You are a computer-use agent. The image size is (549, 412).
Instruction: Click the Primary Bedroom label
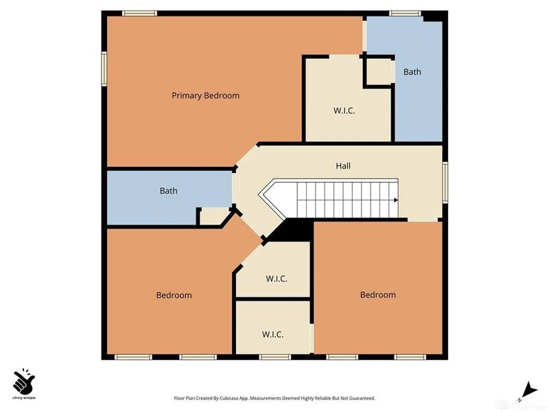click(205, 95)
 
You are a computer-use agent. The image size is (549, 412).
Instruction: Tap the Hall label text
click(343, 166)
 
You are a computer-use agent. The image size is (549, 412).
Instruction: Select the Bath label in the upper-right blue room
click(412, 71)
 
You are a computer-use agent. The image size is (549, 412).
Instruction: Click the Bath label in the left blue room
click(168, 190)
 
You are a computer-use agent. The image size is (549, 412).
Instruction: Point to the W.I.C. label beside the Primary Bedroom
click(344, 110)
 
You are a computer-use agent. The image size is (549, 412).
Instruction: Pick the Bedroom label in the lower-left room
click(174, 295)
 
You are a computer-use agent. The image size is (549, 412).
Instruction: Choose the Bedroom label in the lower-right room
click(377, 295)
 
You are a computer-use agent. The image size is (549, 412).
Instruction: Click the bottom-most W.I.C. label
click(272, 334)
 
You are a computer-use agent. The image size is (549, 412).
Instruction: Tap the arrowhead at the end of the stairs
click(395, 200)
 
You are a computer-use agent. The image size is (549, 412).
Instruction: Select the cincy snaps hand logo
click(25, 380)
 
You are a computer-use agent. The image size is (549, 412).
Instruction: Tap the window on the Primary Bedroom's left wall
click(104, 69)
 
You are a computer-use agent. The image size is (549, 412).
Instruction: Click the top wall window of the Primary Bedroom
click(139, 13)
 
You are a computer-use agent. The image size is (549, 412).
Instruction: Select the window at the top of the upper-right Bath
click(405, 13)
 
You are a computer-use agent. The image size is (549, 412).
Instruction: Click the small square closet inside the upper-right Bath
click(376, 71)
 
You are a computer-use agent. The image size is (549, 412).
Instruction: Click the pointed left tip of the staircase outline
click(260, 196)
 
